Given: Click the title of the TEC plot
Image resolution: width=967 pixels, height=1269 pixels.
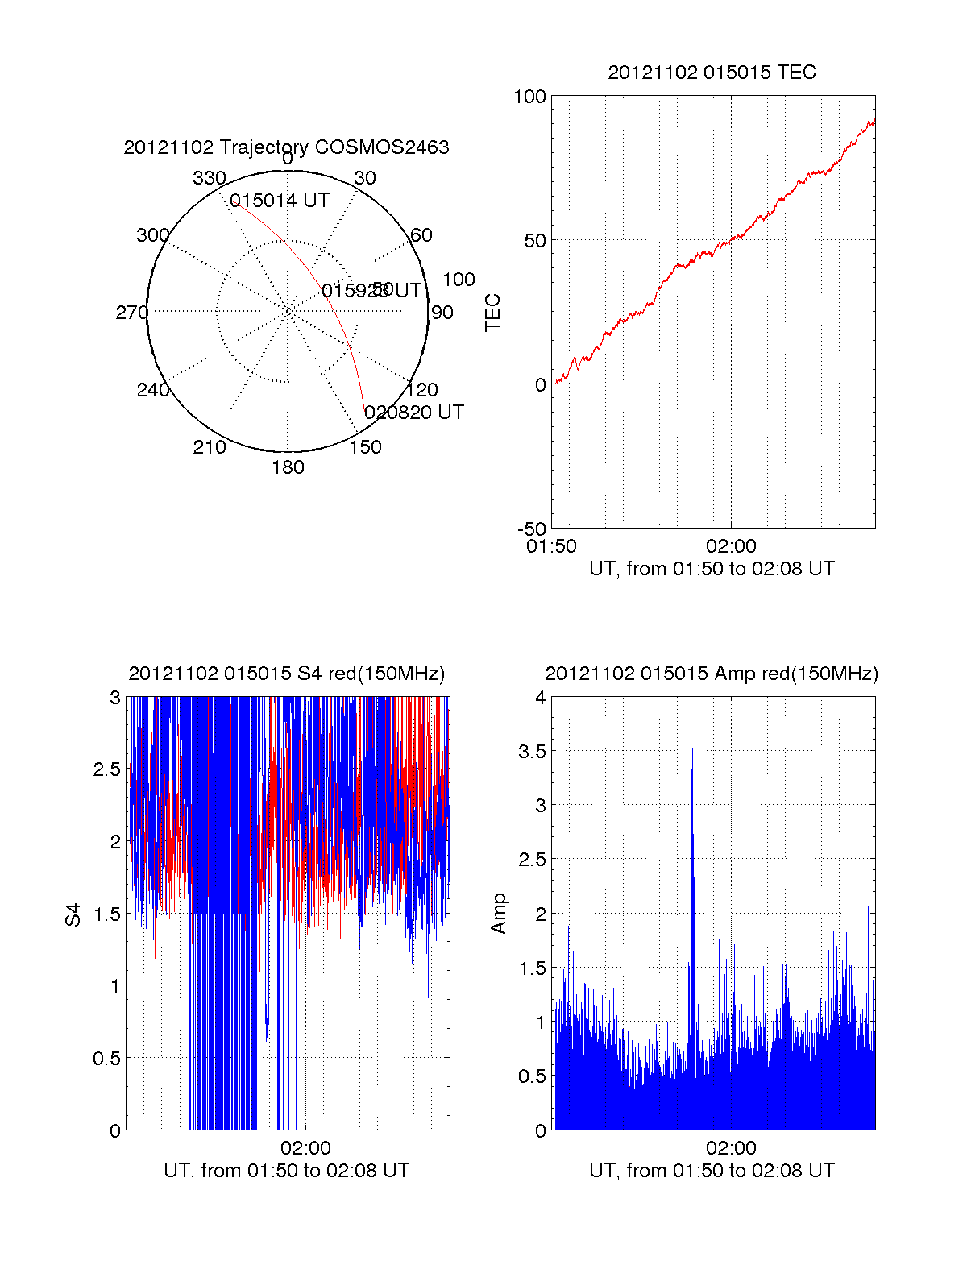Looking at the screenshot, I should click(x=712, y=73).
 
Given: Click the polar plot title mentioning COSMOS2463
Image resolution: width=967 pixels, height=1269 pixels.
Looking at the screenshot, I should click(x=286, y=147).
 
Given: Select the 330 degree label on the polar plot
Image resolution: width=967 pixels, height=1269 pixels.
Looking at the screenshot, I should click(x=209, y=178).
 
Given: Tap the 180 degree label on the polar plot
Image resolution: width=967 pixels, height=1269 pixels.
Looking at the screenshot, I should click(x=288, y=467).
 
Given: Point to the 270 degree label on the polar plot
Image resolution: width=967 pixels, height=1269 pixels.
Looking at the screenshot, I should click(x=131, y=313).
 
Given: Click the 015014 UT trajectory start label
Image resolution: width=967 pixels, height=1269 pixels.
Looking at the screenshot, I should click(x=280, y=201).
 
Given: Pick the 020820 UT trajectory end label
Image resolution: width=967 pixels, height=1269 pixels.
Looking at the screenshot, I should click(x=414, y=413).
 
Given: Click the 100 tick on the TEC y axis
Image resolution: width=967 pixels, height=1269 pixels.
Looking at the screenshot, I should click(x=529, y=97).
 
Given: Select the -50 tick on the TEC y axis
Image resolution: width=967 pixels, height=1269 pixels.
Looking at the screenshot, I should click(x=531, y=529).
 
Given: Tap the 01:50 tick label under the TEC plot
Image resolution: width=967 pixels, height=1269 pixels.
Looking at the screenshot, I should click(x=551, y=546).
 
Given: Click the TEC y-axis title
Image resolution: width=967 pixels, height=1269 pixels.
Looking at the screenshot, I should click(x=492, y=313).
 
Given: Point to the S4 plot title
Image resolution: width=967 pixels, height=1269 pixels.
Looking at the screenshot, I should click(x=286, y=674).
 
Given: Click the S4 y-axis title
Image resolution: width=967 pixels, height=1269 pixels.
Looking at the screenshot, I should click(x=73, y=914).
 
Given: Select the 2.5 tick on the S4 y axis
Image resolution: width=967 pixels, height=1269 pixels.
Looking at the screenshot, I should click(x=107, y=769).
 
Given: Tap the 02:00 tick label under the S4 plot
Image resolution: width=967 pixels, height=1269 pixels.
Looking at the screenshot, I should click(x=305, y=1148).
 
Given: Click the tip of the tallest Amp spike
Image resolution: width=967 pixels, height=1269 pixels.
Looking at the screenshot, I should click(x=692, y=749).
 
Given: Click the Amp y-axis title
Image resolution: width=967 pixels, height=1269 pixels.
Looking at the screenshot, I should click(x=499, y=914).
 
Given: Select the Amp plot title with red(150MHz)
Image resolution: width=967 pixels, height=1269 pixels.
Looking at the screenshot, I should click(x=712, y=674).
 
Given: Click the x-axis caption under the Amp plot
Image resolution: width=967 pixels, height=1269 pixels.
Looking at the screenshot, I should click(x=712, y=1171).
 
